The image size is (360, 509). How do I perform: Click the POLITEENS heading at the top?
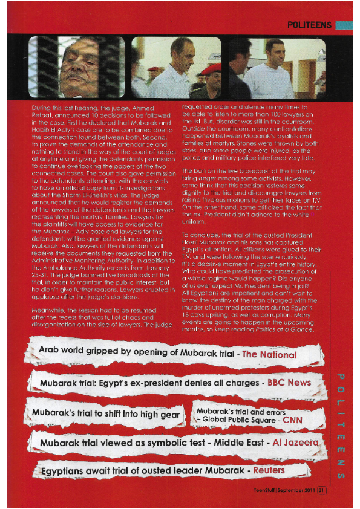309,25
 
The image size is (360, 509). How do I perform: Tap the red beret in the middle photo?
214,69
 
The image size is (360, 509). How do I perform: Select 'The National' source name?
269,355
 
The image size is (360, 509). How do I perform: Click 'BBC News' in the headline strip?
288,383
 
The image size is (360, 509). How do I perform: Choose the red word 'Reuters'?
269,470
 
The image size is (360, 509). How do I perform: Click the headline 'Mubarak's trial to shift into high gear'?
106,414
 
